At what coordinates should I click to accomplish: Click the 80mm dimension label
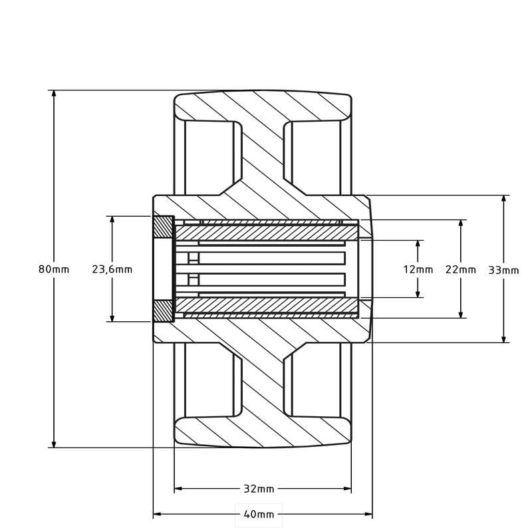[x=54, y=269]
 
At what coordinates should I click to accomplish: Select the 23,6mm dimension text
[x=112, y=269]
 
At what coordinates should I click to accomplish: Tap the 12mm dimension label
[x=418, y=269]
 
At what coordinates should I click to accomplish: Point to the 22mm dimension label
[x=461, y=269]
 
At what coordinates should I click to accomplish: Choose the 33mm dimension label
[x=503, y=270]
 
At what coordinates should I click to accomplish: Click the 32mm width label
[x=259, y=489]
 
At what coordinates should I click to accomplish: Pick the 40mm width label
[x=259, y=514]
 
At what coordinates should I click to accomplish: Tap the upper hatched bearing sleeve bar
[x=266, y=233]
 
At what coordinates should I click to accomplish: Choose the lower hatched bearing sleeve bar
[x=266, y=305]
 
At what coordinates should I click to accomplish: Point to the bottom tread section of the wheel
[x=263, y=432]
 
